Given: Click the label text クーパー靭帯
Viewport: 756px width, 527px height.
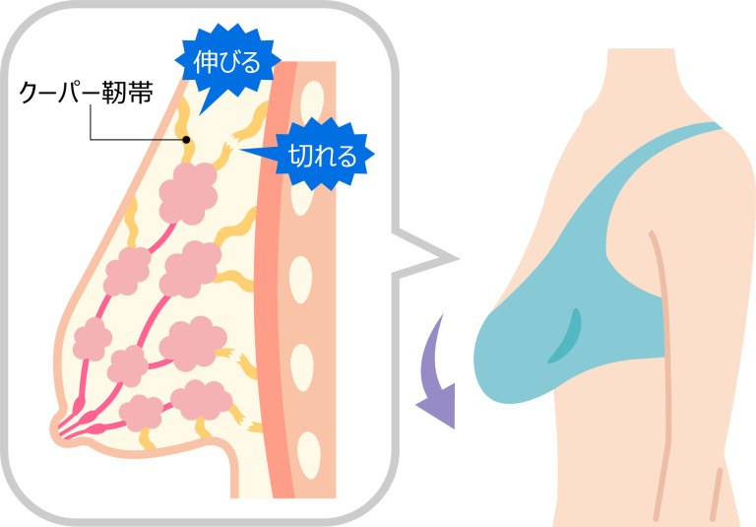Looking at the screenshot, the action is [x=87, y=93].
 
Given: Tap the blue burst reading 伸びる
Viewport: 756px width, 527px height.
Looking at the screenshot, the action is [x=227, y=62].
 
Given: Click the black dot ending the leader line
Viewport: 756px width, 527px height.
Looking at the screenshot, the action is [x=186, y=140].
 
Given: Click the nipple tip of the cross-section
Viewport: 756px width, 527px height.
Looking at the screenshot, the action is [x=54, y=428].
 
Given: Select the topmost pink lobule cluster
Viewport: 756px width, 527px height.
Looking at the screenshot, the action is [x=189, y=193].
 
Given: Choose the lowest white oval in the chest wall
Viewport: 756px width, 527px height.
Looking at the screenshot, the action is [x=308, y=455].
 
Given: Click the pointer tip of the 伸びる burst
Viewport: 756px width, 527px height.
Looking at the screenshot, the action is [x=201, y=115].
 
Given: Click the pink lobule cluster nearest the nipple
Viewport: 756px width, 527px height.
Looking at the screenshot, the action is [x=142, y=413].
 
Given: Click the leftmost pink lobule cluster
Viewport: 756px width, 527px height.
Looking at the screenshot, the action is [x=92, y=339].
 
